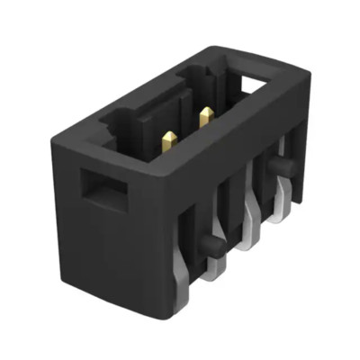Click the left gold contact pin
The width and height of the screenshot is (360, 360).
[x=169, y=140]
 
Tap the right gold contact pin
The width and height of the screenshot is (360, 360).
[x=206, y=116]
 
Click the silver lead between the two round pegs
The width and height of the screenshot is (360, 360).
[x=251, y=221]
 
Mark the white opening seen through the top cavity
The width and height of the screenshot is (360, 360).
[x=255, y=87]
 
